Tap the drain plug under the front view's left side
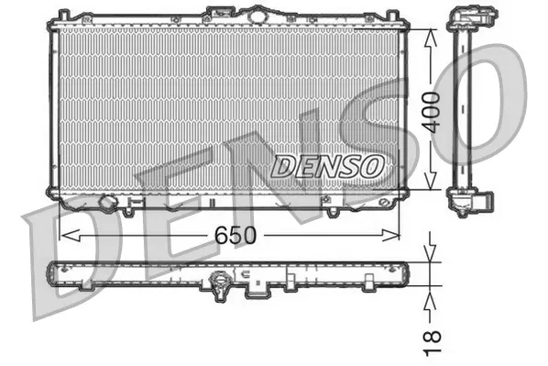click(107, 202)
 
